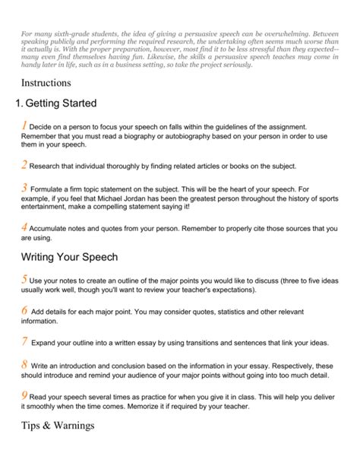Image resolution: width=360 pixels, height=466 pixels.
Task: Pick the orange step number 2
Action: (x=25, y=164)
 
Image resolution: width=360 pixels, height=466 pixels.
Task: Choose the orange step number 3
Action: (x=25, y=187)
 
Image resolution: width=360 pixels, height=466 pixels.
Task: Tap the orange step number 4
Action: (x=25, y=227)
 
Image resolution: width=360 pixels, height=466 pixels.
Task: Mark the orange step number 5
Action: (x=25, y=281)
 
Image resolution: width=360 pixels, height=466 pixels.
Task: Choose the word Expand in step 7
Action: (x=46, y=343)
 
